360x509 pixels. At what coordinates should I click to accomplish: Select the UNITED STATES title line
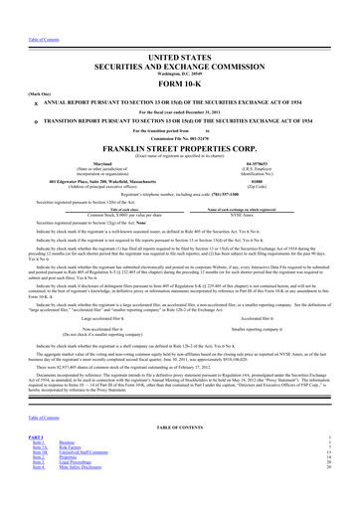[x=180, y=35]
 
